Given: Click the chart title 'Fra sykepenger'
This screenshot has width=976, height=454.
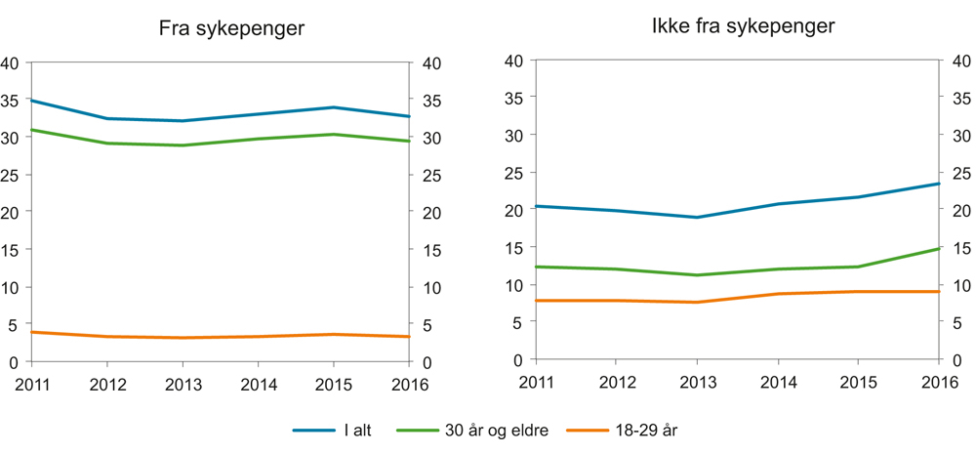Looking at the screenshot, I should pyautogui.click(x=231, y=29).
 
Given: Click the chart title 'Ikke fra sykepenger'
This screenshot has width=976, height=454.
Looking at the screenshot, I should pyautogui.click(x=743, y=26).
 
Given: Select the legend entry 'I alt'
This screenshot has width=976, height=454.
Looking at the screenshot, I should pyautogui.click(x=349, y=430).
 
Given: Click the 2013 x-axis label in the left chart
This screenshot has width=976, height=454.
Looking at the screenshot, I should pyautogui.click(x=183, y=385).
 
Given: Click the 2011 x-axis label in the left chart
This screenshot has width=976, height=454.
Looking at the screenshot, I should pyautogui.click(x=31, y=385).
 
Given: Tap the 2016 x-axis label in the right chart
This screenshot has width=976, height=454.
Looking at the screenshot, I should pyautogui.click(x=938, y=383).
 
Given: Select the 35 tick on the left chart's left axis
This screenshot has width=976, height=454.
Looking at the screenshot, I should pyautogui.click(x=12, y=100).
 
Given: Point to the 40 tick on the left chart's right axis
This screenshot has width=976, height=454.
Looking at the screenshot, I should pyautogui.click(x=429, y=63).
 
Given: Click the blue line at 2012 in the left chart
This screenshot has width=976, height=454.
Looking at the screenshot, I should pyautogui.click(x=107, y=119).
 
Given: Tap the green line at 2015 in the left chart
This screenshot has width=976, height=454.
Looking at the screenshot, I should pyautogui.click(x=334, y=135).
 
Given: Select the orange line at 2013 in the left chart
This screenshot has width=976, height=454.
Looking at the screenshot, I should pyautogui.click(x=183, y=338).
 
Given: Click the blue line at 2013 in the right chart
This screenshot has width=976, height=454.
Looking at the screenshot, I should pyautogui.click(x=697, y=217).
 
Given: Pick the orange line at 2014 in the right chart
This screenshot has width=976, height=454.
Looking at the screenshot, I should pyautogui.click(x=778, y=294).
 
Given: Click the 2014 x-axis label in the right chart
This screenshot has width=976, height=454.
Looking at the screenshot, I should pyautogui.click(x=778, y=383).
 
